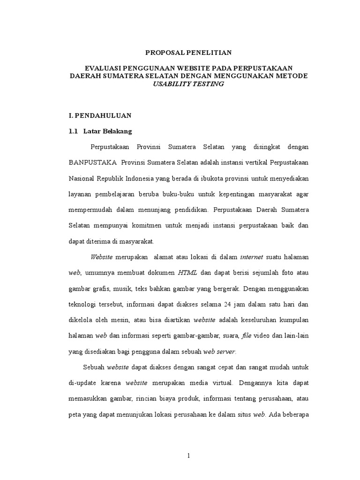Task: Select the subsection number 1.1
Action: coord(73,131)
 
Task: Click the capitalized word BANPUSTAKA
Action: coord(92,163)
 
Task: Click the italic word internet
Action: coord(252,257)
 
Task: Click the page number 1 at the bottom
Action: coord(188,456)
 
